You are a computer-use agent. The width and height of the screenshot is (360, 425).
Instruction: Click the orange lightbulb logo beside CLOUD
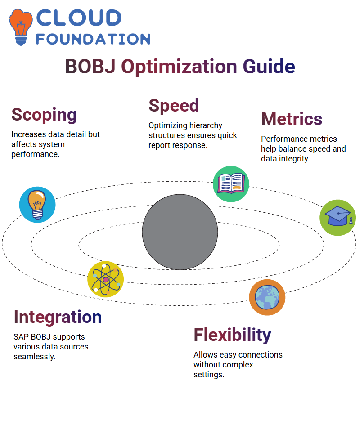click(x=21, y=27)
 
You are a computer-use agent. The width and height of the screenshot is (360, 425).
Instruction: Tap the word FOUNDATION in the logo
click(x=93, y=39)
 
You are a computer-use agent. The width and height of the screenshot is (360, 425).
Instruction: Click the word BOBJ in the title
click(x=90, y=67)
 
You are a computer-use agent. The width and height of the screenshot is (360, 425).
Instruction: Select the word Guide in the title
click(x=269, y=67)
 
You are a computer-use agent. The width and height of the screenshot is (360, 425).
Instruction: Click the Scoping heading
click(x=44, y=115)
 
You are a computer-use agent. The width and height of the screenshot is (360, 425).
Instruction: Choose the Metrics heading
click(x=292, y=119)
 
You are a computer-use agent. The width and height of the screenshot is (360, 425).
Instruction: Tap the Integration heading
click(x=58, y=317)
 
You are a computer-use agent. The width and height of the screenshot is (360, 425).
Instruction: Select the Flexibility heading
click(x=232, y=336)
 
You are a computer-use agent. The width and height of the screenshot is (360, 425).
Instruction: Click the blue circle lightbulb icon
click(x=37, y=205)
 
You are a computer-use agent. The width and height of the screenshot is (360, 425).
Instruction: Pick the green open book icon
click(x=231, y=184)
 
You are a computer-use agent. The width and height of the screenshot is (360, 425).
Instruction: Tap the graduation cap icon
click(x=338, y=218)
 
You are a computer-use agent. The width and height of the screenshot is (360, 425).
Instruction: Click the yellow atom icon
click(x=106, y=279)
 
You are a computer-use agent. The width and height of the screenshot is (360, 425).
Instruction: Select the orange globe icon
click(x=267, y=297)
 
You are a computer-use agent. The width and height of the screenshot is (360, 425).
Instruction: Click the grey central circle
click(x=180, y=232)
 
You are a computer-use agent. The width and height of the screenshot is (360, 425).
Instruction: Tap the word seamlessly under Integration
click(x=35, y=357)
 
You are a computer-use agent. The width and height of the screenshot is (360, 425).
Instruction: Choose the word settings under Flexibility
click(x=209, y=375)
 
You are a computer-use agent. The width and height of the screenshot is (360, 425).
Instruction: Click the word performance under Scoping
click(x=35, y=155)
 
